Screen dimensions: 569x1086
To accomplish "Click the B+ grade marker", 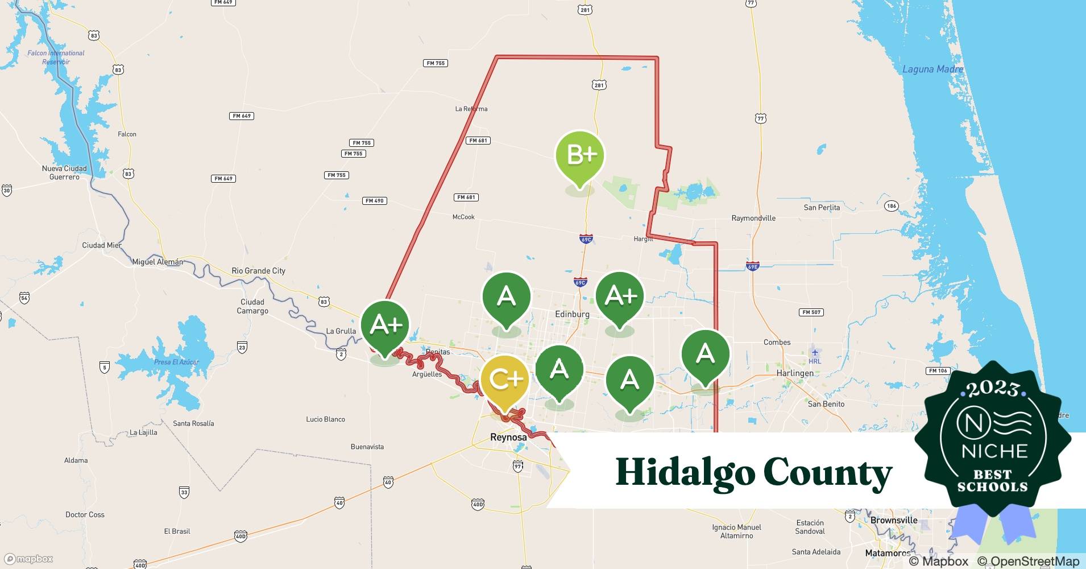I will pyautogui.click(x=579, y=155).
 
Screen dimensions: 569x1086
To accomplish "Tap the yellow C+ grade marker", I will pyautogui.click(x=505, y=379).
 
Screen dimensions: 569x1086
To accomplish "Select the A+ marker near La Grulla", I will pyautogui.click(x=386, y=325).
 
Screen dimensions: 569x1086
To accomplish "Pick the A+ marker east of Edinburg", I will pyautogui.click(x=620, y=296).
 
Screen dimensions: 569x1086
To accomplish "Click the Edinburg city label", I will pyautogui.click(x=571, y=314).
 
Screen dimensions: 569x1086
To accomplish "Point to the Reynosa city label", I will pyautogui.click(x=508, y=437).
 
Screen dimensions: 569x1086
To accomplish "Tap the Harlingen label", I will pyautogui.click(x=795, y=373).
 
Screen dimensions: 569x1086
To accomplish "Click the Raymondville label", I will pyautogui.click(x=753, y=218).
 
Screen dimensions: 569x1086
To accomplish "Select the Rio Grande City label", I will pyautogui.click(x=258, y=271).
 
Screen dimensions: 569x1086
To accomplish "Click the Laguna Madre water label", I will pyautogui.click(x=932, y=69).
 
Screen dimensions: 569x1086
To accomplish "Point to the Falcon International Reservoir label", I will pyautogui.click(x=56, y=57).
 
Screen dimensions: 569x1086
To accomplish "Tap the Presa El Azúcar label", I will pyautogui.click(x=176, y=362).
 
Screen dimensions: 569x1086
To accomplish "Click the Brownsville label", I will pyautogui.click(x=894, y=520).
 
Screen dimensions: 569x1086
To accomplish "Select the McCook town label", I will pyautogui.click(x=463, y=217).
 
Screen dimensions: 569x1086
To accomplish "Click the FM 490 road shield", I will pyautogui.click(x=375, y=201).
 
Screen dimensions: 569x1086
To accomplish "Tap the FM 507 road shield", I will pyautogui.click(x=811, y=312).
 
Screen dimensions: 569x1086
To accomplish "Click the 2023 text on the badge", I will pyautogui.click(x=992, y=389).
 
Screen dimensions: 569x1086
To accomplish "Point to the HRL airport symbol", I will pyautogui.click(x=815, y=353).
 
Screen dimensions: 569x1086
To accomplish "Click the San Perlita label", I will pyautogui.click(x=822, y=208).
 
